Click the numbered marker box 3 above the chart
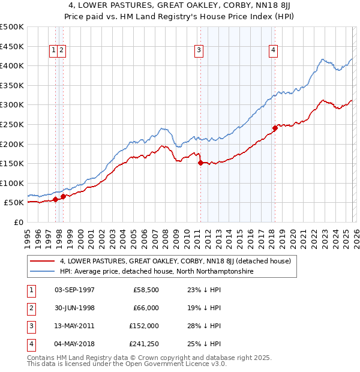point(198,51)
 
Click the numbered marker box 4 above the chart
point(273,51)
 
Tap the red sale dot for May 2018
point(275,128)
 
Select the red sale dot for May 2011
point(200,163)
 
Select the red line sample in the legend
point(42,261)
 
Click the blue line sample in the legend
point(42,271)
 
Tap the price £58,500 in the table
point(146,290)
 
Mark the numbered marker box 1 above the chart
point(54,51)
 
